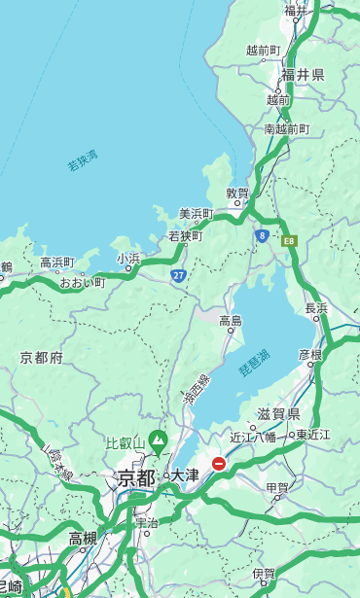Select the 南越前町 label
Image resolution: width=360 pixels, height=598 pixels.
click(286, 128)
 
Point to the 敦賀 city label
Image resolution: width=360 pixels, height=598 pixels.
click(237, 193)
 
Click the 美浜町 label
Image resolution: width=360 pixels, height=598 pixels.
click(196, 214)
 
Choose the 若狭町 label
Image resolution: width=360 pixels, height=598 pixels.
click(185, 235)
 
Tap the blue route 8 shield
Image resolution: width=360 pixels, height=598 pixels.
click(262, 235)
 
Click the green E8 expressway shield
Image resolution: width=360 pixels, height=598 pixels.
click(288, 239)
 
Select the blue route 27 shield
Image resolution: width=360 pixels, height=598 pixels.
click(179, 275)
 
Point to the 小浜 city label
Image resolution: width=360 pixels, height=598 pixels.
click(128, 258)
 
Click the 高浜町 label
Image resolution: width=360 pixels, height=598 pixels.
click(56, 263)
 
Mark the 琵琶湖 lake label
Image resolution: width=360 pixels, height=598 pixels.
click(254, 364)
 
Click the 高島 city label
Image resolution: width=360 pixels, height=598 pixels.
click(231, 321)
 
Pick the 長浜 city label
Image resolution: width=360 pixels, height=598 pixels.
click(316, 308)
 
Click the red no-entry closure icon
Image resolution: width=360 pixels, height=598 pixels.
click(219, 464)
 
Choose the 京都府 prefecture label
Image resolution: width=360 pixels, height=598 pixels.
click(42, 358)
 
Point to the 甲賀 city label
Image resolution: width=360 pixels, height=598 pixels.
click(277, 487)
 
